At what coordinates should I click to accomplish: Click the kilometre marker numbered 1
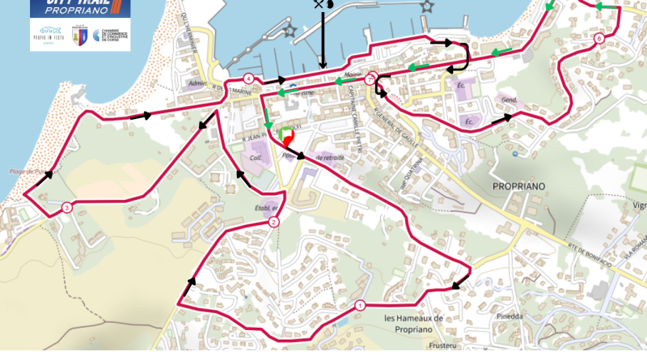(358, 305)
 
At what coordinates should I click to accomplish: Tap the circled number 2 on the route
(273, 222)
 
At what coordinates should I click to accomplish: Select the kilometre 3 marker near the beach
(66, 208)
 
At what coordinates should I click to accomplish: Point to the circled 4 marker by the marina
(248, 78)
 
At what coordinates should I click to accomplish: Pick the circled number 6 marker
(598, 38)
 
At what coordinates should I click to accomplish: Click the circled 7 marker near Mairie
(370, 79)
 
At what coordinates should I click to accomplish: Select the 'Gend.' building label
(510, 100)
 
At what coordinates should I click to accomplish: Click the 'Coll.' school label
(257, 158)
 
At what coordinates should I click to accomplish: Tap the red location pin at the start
(290, 139)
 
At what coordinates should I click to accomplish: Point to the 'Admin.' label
(197, 83)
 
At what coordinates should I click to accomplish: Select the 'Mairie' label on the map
(353, 74)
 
